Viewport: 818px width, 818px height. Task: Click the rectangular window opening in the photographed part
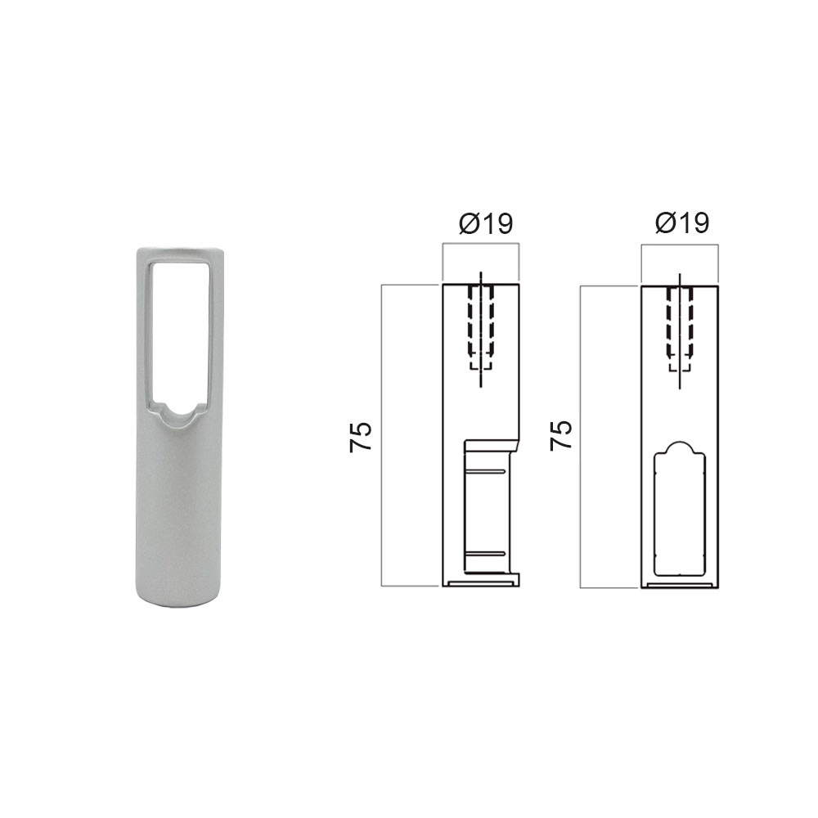tap(179, 327)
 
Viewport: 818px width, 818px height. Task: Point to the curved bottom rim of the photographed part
tap(179, 604)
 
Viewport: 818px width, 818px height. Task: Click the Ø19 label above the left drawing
tap(486, 223)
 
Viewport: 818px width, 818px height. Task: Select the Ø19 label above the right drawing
tap(682, 223)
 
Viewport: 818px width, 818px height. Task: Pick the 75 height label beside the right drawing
tap(560, 436)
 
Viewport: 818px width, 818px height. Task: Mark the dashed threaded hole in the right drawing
tap(680, 327)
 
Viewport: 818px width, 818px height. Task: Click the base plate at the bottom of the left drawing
tap(482, 583)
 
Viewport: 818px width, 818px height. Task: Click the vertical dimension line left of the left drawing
tap(382, 436)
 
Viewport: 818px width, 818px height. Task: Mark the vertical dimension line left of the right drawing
tap(580, 436)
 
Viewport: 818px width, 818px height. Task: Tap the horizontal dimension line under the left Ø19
tap(480, 243)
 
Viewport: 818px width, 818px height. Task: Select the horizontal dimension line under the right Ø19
tap(680, 243)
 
